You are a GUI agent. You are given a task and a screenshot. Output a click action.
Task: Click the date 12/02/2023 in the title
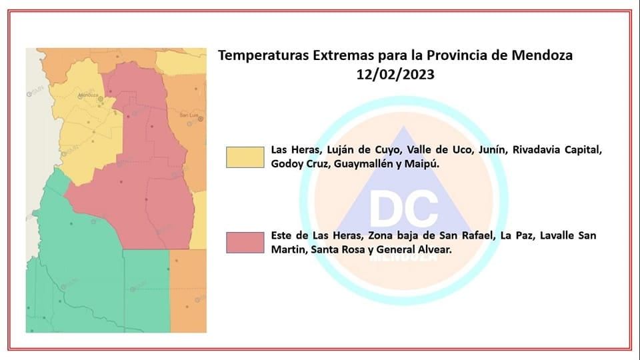pyautogui.click(x=395, y=75)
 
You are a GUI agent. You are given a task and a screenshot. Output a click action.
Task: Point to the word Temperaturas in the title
pyautogui.click(x=263, y=55)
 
